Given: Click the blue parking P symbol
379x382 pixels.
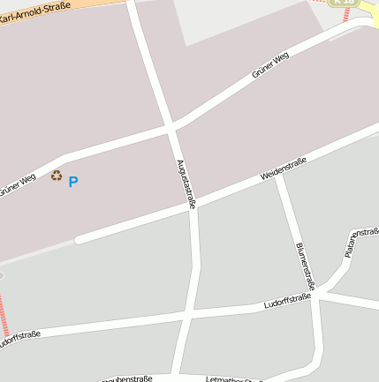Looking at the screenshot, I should point(73,182).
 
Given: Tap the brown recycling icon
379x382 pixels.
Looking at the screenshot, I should point(57,176).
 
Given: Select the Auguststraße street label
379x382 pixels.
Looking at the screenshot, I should point(186,183).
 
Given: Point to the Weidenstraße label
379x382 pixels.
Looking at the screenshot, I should point(284,169).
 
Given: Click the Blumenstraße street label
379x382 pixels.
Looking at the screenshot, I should point(306,266).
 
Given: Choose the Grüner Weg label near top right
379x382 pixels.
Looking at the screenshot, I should point(270,65).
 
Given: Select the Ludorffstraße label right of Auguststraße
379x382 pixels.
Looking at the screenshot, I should point(287,303).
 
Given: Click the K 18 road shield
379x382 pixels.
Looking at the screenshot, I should point(345,3).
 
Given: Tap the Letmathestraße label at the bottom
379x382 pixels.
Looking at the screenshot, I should point(231,379).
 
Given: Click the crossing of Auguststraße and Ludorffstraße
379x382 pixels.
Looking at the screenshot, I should point(188,313).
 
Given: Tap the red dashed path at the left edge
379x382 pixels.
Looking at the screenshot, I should point(4,317).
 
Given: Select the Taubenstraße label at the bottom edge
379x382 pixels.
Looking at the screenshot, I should point(128,378).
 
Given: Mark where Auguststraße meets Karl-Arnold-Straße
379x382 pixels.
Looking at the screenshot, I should point(133,3).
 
